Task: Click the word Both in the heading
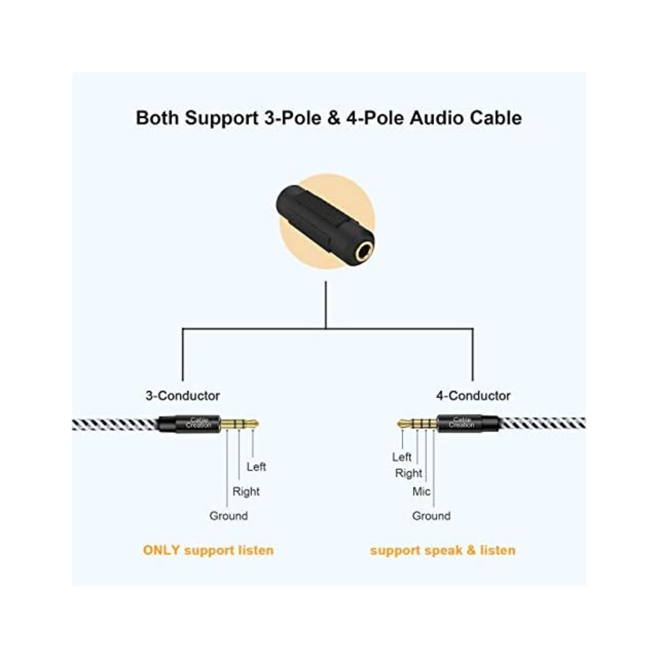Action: pyautogui.click(x=157, y=118)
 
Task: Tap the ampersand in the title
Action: pyautogui.click(x=334, y=118)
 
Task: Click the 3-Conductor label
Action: pyautogui.click(x=182, y=396)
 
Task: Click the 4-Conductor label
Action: pyautogui.click(x=473, y=396)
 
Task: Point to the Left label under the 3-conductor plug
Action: pyautogui.click(x=256, y=467)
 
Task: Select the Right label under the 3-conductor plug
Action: pyautogui.click(x=246, y=491)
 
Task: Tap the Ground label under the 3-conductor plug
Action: pyautogui.click(x=228, y=516)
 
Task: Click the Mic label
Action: pyautogui.click(x=421, y=491)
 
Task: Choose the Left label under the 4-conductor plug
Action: pyautogui.click(x=401, y=457)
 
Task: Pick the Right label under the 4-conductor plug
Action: pyautogui.click(x=408, y=473)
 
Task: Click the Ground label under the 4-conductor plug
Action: pyautogui.click(x=431, y=516)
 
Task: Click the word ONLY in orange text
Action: pyautogui.click(x=161, y=550)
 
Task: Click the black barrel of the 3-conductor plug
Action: pyautogui.click(x=189, y=424)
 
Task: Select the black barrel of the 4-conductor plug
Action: pyautogui.click(x=469, y=424)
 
